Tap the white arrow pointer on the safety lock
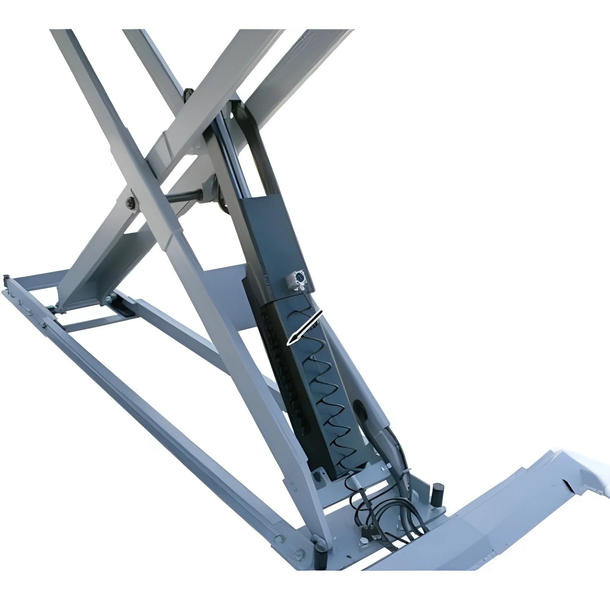pyautogui.click(x=305, y=329)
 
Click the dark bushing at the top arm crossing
pyautogui.click(x=188, y=95)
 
